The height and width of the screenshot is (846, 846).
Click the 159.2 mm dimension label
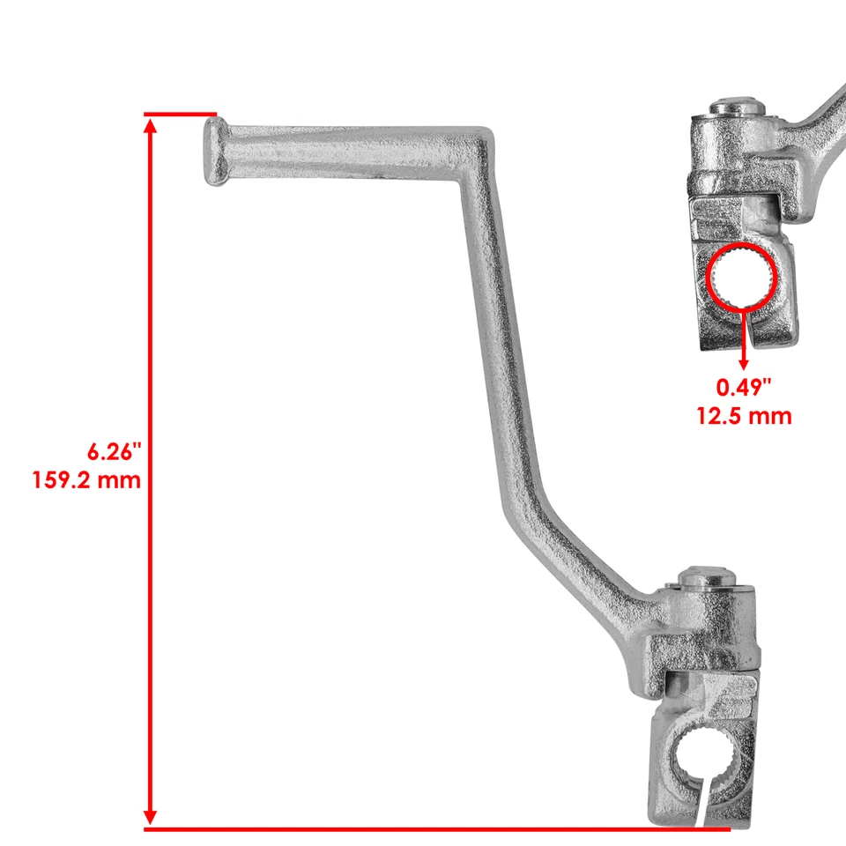85,481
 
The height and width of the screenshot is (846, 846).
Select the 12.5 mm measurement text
743,414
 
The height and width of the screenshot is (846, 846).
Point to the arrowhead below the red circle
744,362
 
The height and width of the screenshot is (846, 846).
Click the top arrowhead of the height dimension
151,127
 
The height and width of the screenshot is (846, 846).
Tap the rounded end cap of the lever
213,152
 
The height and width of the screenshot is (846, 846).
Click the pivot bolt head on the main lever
707,579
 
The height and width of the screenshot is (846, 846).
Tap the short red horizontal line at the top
181,115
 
